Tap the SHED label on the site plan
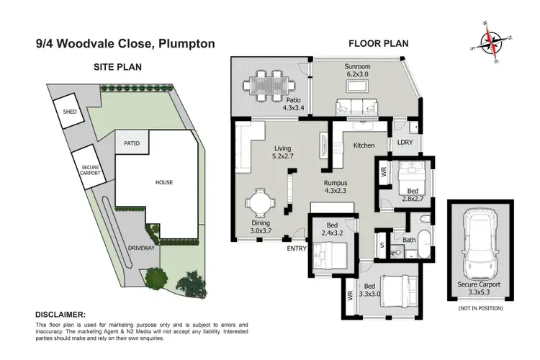(x=70, y=112)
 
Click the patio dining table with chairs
(x=263, y=85)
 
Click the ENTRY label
(x=297, y=248)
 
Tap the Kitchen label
(x=364, y=145)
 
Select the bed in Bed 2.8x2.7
(x=413, y=172)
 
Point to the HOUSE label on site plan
(x=164, y=182)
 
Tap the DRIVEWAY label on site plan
(x=141, y=247)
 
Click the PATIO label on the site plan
(x=131, y=143)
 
